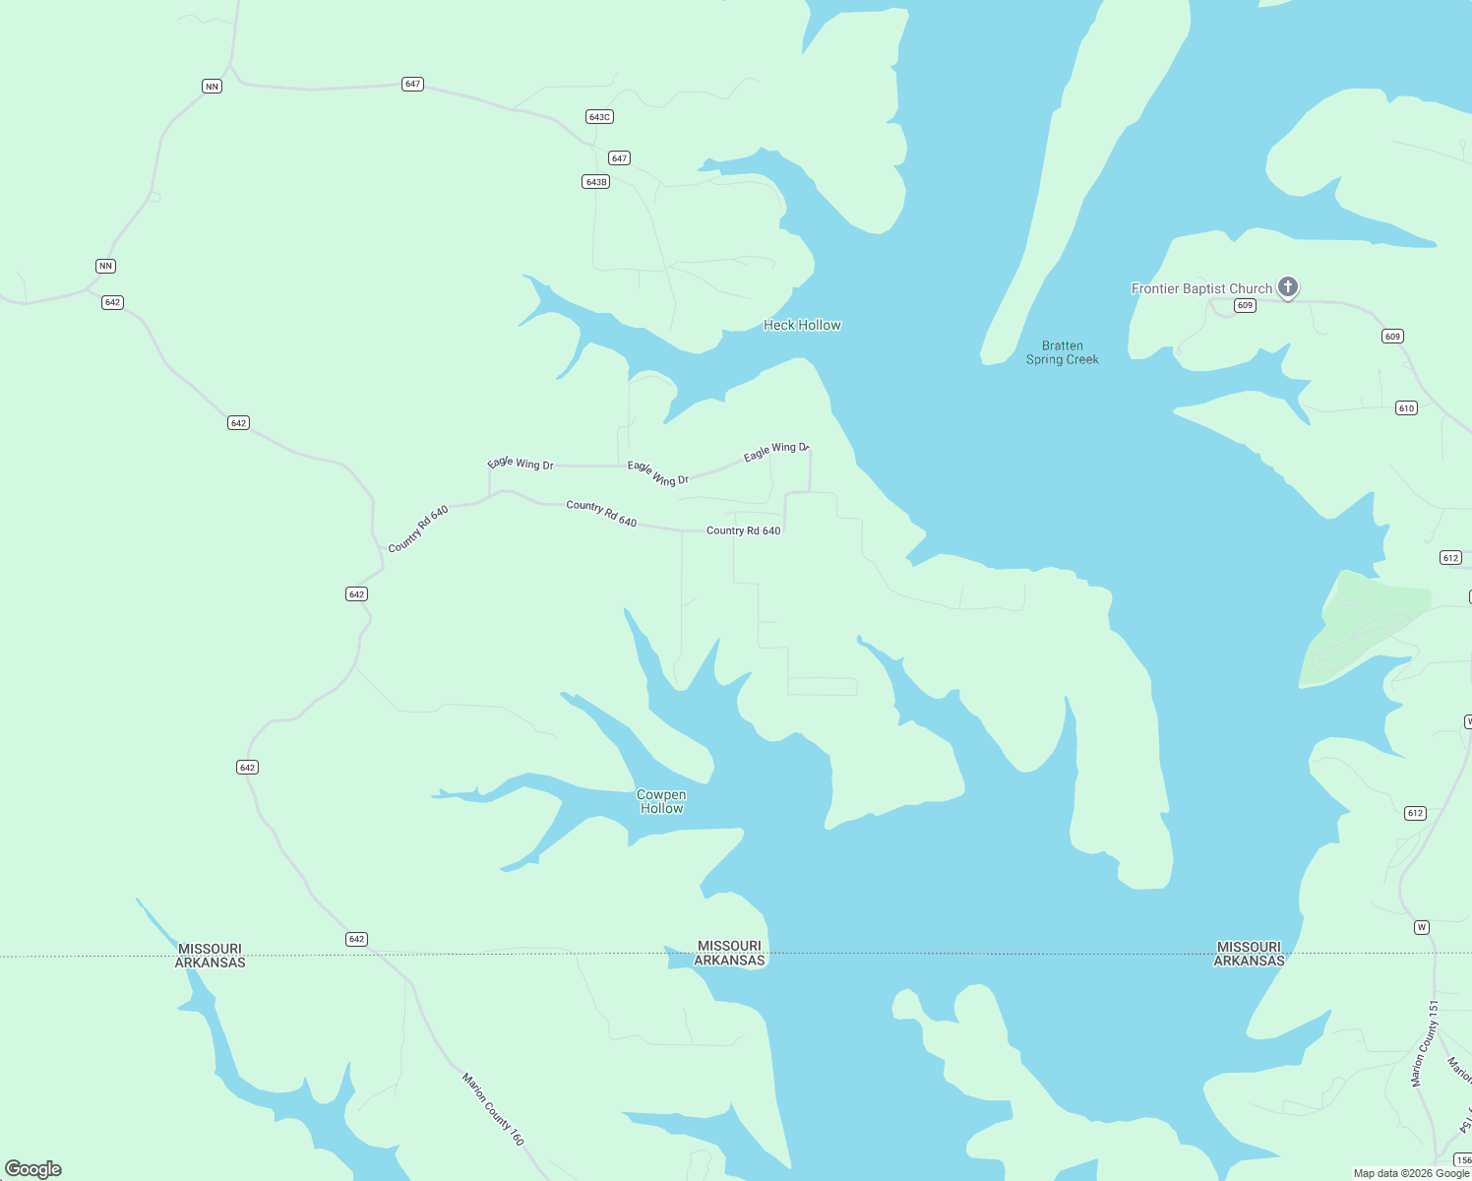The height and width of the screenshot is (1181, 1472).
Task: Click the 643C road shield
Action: [599, 117]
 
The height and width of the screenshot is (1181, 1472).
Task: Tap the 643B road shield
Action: [596, 182]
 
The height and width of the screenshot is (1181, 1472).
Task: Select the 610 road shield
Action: [1406, 408]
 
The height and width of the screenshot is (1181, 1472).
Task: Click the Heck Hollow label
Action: [802, 326]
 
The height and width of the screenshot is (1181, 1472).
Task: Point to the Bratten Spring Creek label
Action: [1062, 352]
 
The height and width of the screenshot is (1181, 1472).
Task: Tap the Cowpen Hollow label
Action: [661, 801]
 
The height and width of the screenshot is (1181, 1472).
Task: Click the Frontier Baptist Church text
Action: [1201, 288]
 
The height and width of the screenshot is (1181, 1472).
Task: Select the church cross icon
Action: [1287, 286]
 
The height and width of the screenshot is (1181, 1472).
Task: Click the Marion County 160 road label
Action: [493, 1108]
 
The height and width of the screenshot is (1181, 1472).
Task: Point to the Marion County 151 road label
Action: [1424, 1043]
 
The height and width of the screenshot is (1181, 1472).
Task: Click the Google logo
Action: [33, 1169]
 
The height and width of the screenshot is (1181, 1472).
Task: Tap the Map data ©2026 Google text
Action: [1411, 1173]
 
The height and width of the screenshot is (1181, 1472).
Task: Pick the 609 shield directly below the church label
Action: [1246, 306]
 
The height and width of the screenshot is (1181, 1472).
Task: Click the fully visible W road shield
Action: [1421, 928]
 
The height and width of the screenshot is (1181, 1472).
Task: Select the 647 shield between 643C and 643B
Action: [619, 158]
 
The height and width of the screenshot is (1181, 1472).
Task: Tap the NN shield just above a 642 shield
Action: [105, 267]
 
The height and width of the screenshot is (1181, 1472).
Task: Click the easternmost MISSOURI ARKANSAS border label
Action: [1249, 954]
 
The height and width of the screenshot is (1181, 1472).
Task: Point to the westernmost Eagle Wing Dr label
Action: [521, 464]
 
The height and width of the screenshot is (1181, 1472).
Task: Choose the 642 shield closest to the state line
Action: [356, 940]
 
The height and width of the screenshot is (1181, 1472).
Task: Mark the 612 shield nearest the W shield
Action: [1415, 814]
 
